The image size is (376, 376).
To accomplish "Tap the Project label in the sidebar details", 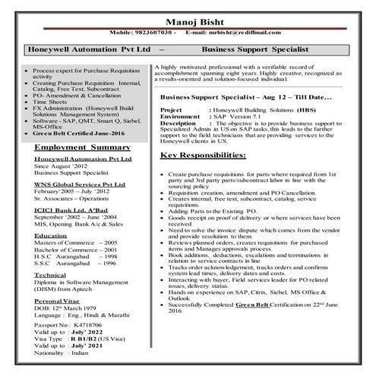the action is tap(172, 109).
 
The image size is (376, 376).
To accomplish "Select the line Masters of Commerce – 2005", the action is tap(76, 242).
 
